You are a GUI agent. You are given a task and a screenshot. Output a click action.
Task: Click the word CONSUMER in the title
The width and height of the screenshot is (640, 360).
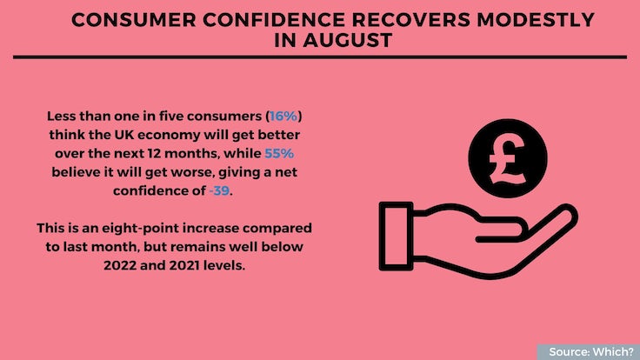point(133,20)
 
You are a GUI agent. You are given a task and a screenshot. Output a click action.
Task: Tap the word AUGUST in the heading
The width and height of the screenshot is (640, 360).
point(347,40)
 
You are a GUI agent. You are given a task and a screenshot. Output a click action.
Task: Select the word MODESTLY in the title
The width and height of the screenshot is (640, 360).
point(536,20)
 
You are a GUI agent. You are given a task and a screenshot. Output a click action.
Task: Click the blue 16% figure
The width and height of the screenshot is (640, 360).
point(283,117)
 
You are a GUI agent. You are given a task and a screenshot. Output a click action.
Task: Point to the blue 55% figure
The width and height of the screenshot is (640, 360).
point(279,153)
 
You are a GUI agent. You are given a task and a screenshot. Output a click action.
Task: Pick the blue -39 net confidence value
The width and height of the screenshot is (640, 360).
point(219,190)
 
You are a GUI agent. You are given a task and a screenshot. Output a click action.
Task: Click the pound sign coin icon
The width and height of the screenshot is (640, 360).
point(508,158)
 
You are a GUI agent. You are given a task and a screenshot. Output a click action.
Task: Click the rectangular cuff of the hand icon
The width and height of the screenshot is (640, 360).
point(396,236)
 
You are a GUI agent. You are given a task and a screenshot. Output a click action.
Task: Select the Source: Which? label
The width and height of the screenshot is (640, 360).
point(591,352)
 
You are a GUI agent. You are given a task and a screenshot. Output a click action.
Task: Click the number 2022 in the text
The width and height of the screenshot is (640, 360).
point(120,265)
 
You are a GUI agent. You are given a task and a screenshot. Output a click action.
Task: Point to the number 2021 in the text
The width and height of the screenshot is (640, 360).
point(184,265)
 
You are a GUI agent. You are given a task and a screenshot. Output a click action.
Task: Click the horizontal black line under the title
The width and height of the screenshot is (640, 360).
point(320,57)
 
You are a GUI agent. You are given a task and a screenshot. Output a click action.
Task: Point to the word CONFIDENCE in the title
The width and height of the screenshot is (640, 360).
point(274,20)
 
